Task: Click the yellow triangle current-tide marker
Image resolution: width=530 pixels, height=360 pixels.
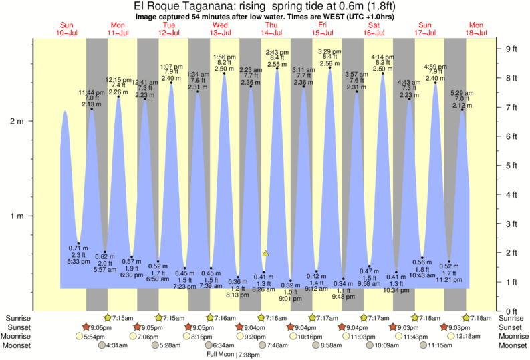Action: pos(265,254)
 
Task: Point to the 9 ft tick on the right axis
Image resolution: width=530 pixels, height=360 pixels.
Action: pos(512,49)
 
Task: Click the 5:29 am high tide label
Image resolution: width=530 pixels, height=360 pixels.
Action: pos(461,93)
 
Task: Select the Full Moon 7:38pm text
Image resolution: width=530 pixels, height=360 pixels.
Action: pos(232,354)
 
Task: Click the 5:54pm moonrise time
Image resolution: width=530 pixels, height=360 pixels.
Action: pos(93,336)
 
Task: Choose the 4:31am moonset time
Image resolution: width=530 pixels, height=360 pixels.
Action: pos(118,345)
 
